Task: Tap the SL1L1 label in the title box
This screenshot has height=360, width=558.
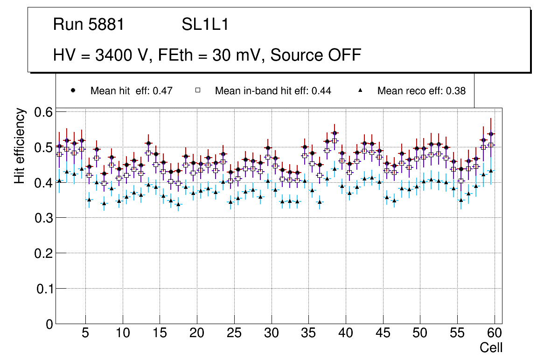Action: pos(205,25)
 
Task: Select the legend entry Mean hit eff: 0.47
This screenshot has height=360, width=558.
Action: pos(131,91)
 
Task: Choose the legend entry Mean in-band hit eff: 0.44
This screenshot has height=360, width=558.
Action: pos(273,91)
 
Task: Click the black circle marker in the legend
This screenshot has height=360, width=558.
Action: pos(73,91)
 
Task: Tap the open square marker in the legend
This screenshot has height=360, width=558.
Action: pos(197,91)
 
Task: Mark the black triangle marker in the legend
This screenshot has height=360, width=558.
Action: pos(361,91)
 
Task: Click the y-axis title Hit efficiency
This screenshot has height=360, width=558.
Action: pos(20,145)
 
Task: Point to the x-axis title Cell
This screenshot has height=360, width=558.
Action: pos(491,347)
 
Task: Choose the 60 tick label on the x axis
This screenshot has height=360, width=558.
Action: pos(495,333)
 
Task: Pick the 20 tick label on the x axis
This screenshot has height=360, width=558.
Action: pos(197,333)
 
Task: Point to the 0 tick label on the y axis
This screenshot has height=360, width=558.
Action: pos(49,324)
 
